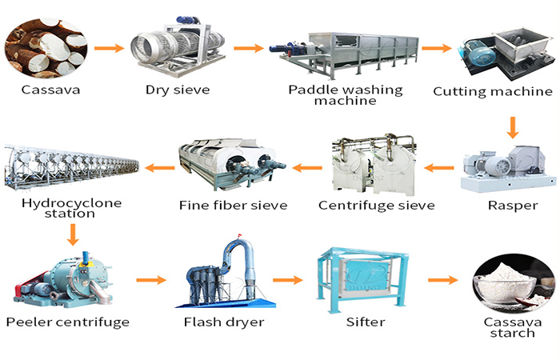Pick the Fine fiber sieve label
coord(234,206)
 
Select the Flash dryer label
coord(218,322)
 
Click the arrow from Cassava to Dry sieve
coord(109,48)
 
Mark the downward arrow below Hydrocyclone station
coord(73,234)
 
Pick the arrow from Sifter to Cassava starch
coord(442,280)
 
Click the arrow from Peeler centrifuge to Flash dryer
coord(151,280)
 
